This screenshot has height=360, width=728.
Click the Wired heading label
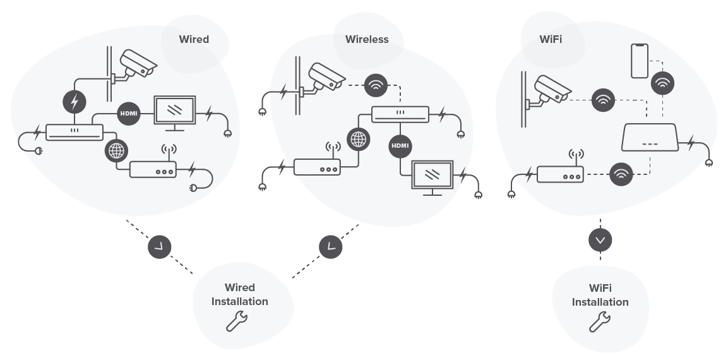[194, 39]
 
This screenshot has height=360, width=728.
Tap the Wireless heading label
[367, 39]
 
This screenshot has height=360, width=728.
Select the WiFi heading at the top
[551, 39]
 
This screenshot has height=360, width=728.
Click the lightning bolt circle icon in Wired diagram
[75, 101]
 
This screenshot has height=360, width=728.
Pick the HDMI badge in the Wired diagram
[128, 114]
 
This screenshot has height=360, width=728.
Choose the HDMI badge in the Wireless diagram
[400, 145]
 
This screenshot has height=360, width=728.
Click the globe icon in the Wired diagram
[117, 150]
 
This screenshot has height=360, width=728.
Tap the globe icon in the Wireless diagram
[358, 138]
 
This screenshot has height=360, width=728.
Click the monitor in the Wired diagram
[175, 112]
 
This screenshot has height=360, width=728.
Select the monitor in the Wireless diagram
[433, 176]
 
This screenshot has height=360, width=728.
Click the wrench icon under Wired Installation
[237, 321]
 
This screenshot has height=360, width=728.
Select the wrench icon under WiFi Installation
[600, 321]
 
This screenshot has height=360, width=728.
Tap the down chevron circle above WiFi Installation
[600, 240]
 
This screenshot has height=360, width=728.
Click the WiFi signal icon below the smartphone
[662, 83]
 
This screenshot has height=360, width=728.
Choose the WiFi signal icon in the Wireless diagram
[376, 87]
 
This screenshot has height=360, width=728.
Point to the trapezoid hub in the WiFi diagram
[650, 138]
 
